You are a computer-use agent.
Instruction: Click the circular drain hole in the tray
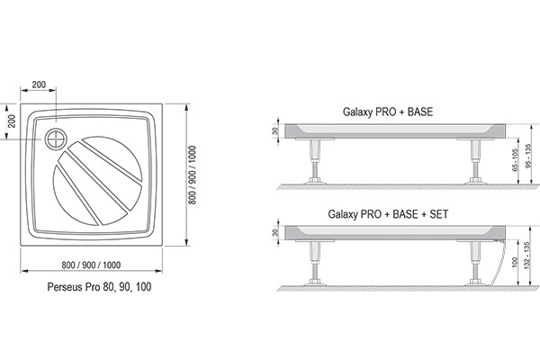[56, 139]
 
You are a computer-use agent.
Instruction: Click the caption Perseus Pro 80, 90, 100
[99, 286]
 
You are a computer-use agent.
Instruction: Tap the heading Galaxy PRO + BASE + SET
[388, 214]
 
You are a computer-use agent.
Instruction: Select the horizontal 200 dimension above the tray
[39, 85]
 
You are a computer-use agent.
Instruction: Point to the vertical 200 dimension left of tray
[12, 121]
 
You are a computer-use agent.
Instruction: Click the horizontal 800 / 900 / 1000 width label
[91, 265]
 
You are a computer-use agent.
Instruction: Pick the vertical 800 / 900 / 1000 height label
[193, 175]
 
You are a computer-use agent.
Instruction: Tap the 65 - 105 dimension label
[515, 160]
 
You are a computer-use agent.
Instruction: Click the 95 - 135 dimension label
[529, 156]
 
